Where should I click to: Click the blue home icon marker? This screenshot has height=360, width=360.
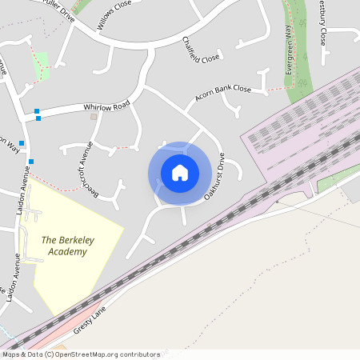[179, 173]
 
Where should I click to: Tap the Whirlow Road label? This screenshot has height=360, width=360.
[106, 106]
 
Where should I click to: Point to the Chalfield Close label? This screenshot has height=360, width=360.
[199, 50]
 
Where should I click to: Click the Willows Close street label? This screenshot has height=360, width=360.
[113, 15]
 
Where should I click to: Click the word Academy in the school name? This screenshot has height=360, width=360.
[66, 252]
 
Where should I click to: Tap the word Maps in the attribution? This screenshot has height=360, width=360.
[12, 354]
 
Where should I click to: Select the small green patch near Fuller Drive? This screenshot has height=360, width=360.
[40, 65]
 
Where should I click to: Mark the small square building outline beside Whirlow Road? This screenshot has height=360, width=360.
[94, 117]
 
